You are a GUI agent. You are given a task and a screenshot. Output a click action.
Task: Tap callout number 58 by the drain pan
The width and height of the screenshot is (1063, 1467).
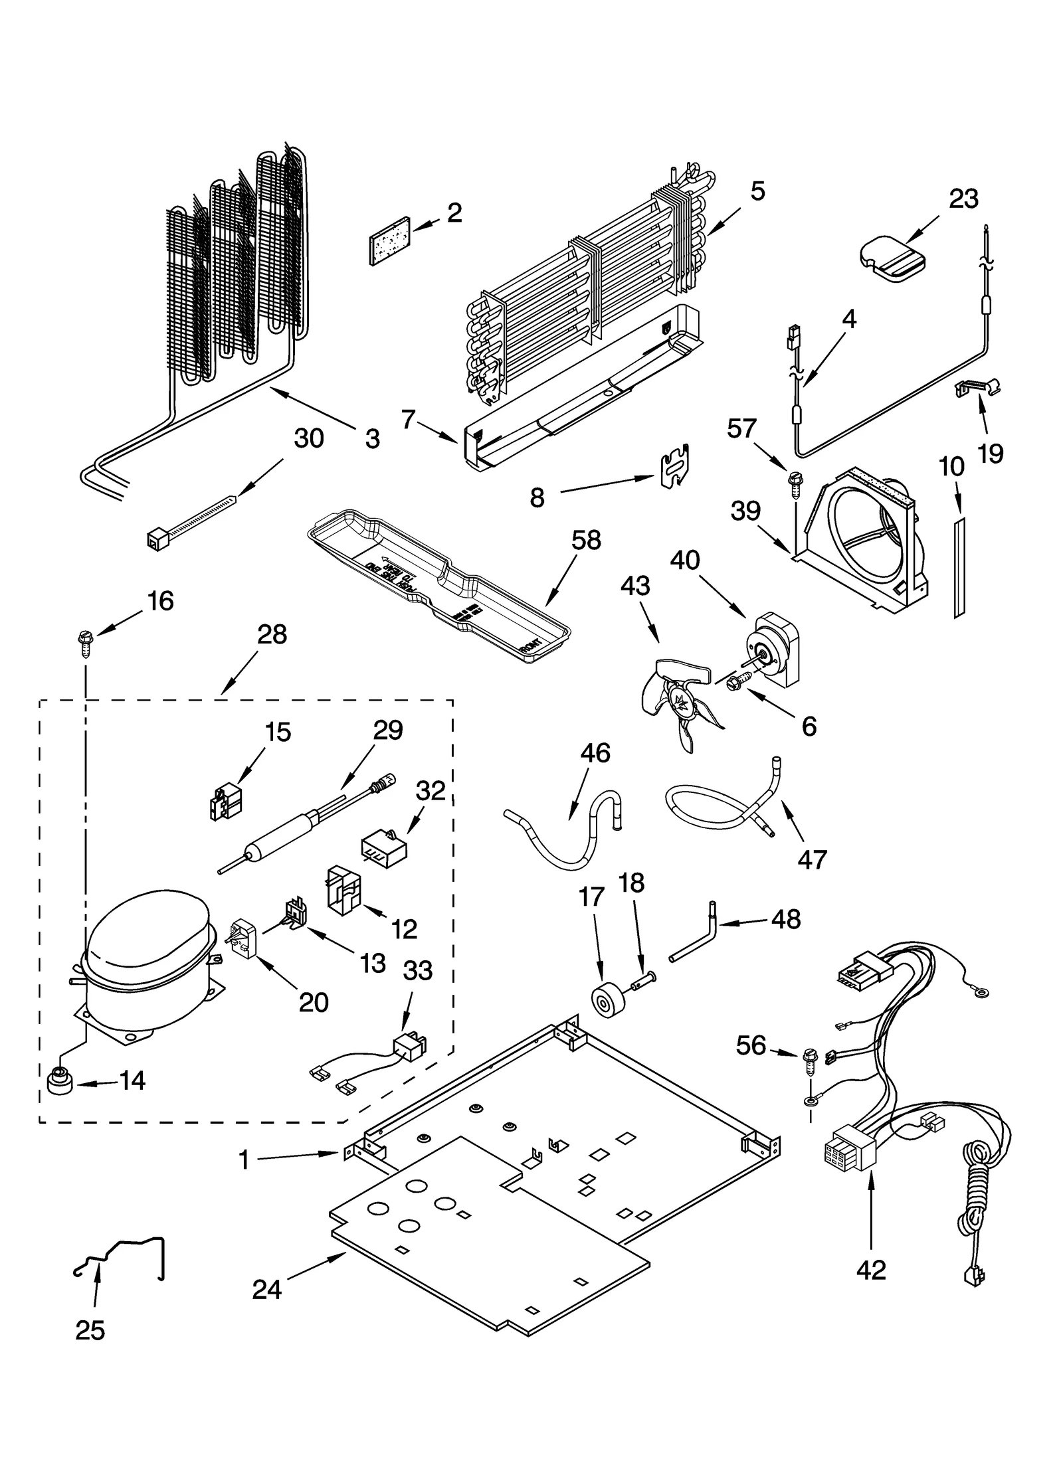tap(585, 539)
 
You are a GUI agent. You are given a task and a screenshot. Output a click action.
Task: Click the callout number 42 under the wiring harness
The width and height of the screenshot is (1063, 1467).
tap(871, 1269)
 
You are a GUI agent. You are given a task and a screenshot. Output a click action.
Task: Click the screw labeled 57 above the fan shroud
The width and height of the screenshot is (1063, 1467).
tap(794, 479)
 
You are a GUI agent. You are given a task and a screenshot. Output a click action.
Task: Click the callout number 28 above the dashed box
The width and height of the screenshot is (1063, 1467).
tap(271, 634)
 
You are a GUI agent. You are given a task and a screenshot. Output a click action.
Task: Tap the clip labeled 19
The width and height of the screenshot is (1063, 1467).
tap(978, 390)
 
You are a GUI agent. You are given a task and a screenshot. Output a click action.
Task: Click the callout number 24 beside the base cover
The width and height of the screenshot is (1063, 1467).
tap(267, 1288)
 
